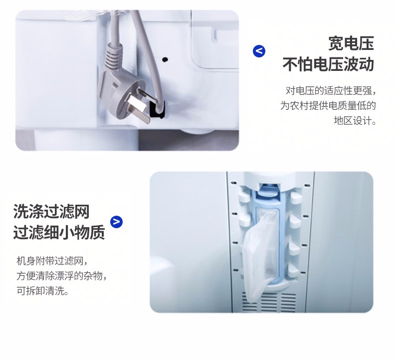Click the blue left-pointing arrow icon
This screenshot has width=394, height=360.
click(259, 51)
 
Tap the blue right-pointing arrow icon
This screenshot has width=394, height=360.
click(117, 222)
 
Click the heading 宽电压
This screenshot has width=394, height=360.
click(351, 43)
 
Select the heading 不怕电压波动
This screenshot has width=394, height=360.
click(328, 64)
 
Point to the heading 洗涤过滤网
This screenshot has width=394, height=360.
click(51, 211)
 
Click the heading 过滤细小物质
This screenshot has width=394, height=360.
click(59, 232)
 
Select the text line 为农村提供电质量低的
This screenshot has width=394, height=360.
click(328, 106)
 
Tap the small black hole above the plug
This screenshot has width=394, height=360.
click(165, 59)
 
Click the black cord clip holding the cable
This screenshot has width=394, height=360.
click(157, 109)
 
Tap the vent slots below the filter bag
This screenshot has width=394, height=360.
click(269, 302)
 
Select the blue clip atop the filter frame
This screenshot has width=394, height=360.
click(269, 191)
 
